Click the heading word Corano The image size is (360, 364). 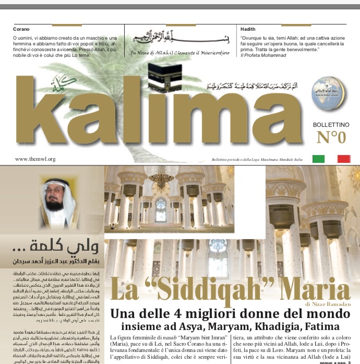(x=21, y=29)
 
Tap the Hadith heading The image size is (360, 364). (x=248, y=29)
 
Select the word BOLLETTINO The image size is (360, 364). (x=331, y=125)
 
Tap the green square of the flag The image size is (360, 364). (x=318, y=159)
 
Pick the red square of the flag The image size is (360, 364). (x=344, y=159)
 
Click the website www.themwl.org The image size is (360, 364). (x=35, y=159)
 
